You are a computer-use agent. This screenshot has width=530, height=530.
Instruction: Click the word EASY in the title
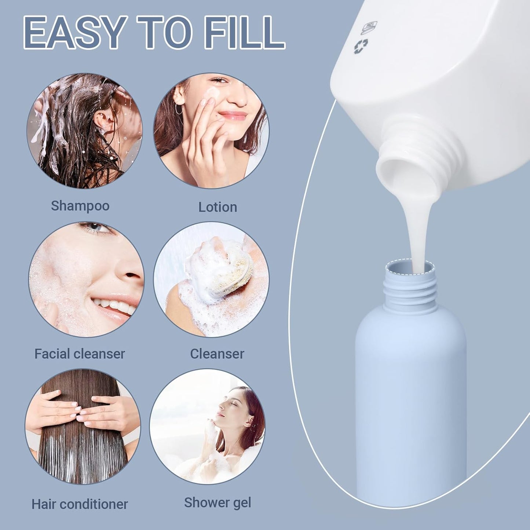coord(73,32)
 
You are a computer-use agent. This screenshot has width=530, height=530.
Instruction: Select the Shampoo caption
coord(80,206)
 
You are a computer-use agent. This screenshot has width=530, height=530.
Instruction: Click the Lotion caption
coord(218,207)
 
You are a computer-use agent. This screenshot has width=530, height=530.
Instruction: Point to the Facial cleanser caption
coord(80,354)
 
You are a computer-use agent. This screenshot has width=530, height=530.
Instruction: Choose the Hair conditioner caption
coord(80,504)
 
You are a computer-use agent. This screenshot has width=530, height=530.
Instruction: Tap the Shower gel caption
coord(218,503)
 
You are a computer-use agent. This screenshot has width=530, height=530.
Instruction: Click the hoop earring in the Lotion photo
coord(179,109)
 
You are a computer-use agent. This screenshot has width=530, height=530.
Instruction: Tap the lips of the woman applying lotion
coord(233,116)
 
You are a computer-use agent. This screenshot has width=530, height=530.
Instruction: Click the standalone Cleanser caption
coord(217,354)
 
